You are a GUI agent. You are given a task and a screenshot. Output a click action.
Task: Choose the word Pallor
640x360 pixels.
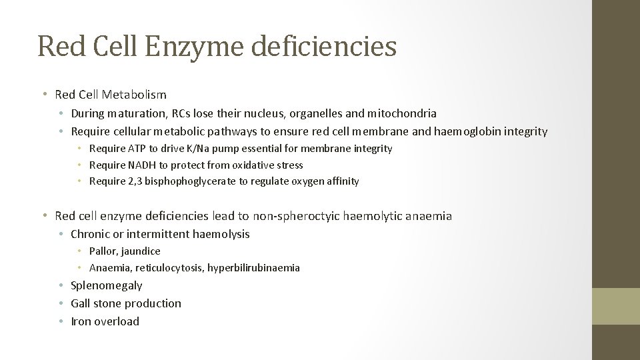tap(103, 251)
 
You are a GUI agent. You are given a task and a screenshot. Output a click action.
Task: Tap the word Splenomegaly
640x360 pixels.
tap(107, 285)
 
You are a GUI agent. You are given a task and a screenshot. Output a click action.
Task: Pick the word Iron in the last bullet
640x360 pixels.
tap(82, 321)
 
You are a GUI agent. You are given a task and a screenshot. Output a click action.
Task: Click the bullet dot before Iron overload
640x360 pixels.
tap(61, 321)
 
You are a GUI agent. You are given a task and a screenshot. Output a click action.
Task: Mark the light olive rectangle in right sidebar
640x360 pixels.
tap(616, 306)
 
